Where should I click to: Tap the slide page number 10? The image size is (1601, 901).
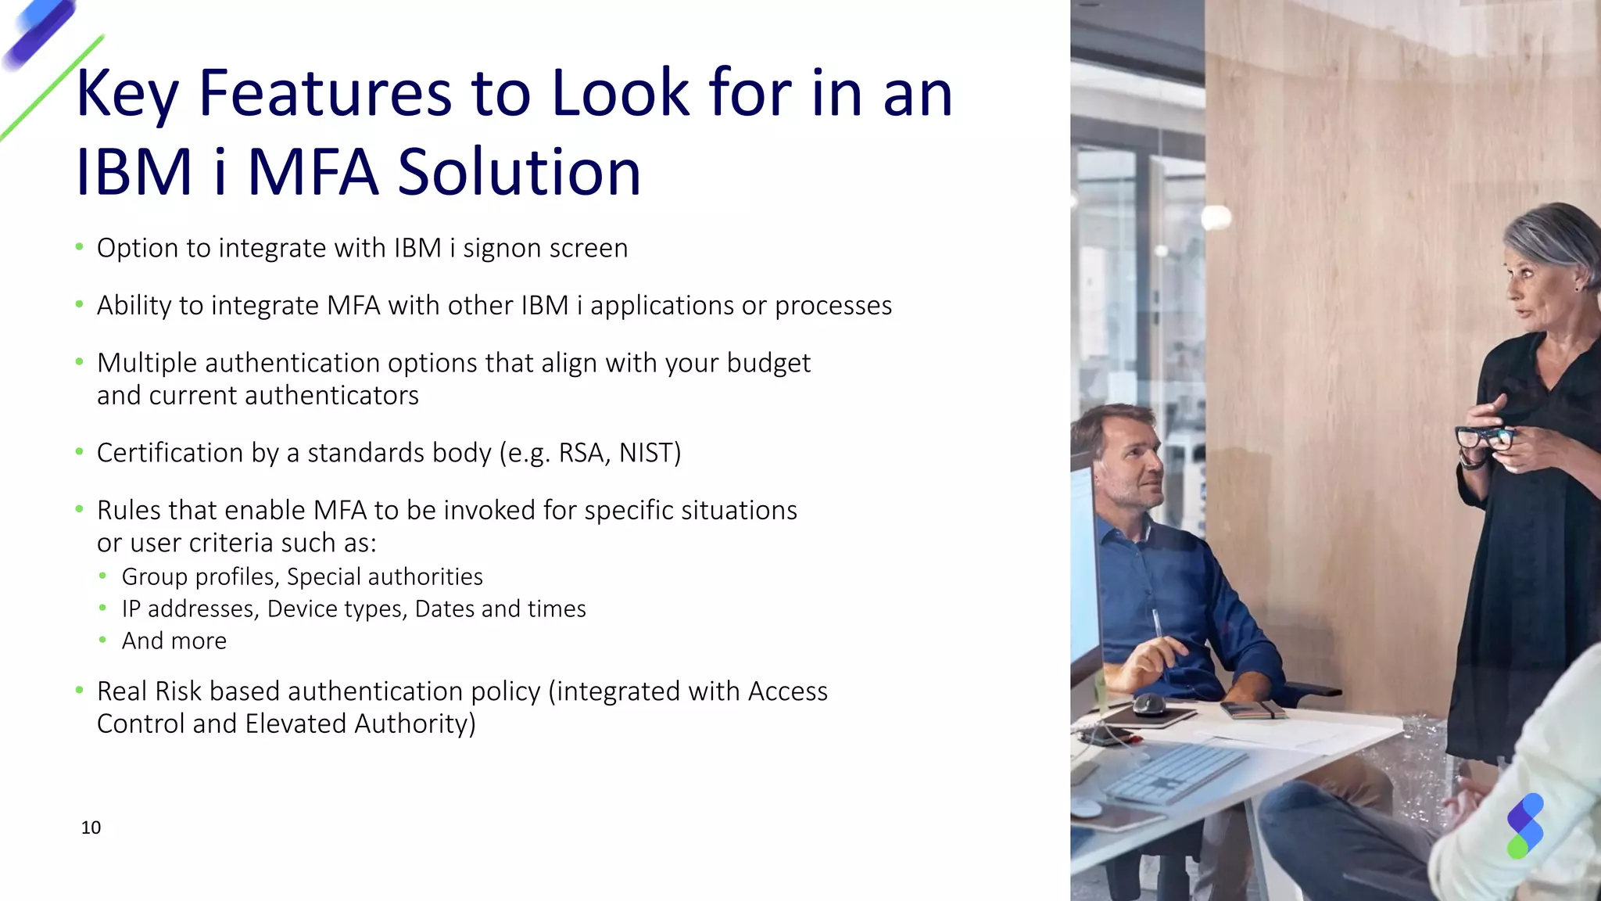click(91, 827)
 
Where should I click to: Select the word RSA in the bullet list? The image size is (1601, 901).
click(581, 453)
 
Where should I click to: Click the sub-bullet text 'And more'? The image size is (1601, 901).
click(174, 641)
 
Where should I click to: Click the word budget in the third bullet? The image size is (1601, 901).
click(768, 364)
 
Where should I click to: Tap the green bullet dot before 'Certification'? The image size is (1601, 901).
click(79, 452)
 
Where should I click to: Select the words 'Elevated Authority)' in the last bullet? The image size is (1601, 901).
click(360, 723)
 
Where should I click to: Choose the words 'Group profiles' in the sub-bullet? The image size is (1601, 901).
click(199, 576)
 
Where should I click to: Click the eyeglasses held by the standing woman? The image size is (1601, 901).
click(1483, 438)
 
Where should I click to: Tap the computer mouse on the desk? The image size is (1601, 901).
click(1149, 704)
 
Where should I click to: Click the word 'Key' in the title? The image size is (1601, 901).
click(127, 94)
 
